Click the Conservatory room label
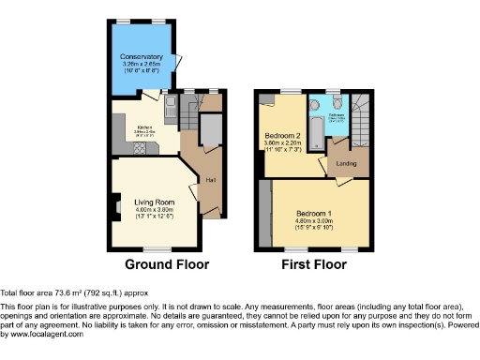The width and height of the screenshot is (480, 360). [x=141, y=57]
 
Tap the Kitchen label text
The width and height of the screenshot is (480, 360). [x=144, y=127]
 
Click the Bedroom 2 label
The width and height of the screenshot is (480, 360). [x=282, y=136]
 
